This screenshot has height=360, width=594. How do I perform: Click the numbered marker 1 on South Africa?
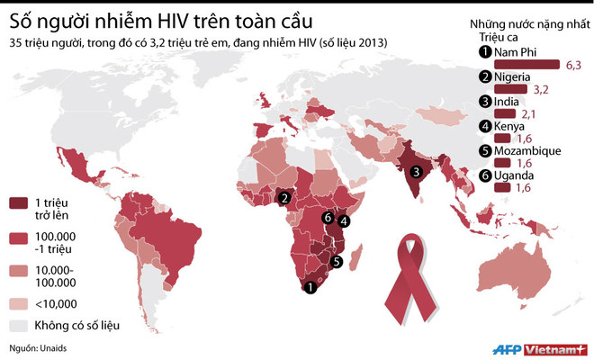310,288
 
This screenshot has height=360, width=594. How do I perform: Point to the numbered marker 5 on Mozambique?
336,262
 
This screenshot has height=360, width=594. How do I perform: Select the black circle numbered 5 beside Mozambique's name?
486,150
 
